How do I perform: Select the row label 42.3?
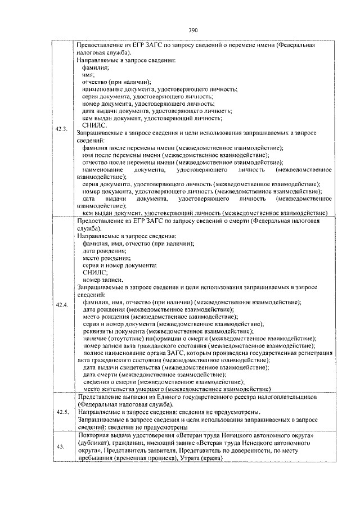coord(62,129)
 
